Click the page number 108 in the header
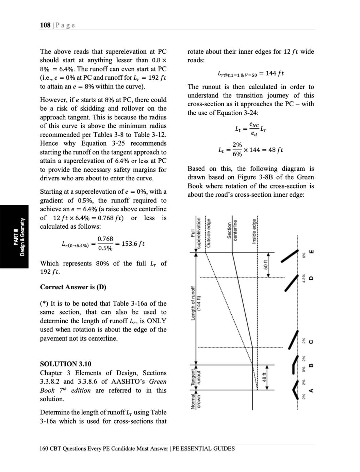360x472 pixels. tap(45, 25)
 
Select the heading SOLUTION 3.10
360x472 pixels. tap(66, 364)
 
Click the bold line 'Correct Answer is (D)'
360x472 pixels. tap(73, 287)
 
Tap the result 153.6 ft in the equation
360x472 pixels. tap(133, 244)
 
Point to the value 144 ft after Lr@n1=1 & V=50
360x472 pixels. tap(275, 73)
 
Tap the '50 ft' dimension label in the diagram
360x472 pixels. tap(266, 264)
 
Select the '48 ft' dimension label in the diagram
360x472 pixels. tap(266, 377)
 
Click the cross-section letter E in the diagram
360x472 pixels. tap(310, 252)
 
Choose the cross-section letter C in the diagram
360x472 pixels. tap(310, 342)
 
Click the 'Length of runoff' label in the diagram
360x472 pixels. tap(193, 303)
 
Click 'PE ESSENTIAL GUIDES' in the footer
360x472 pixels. tap(203, 449)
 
